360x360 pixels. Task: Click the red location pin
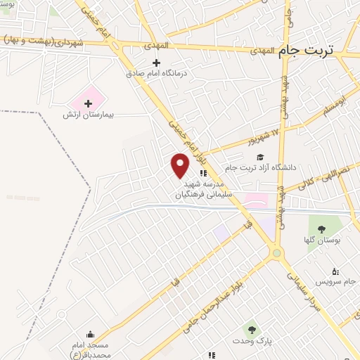[180, 165]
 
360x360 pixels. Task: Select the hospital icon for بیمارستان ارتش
[89, 103]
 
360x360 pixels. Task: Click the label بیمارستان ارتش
[89, 115]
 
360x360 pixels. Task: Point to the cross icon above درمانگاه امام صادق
[166, 63]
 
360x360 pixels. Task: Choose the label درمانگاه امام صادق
[160, 73]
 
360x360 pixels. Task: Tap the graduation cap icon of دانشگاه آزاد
[261, 157]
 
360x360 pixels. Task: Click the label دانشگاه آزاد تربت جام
[261, 168]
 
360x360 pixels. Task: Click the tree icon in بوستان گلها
[321, 229]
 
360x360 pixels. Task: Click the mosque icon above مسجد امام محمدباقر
[90, 335]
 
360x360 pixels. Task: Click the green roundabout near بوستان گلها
[277, 252]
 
